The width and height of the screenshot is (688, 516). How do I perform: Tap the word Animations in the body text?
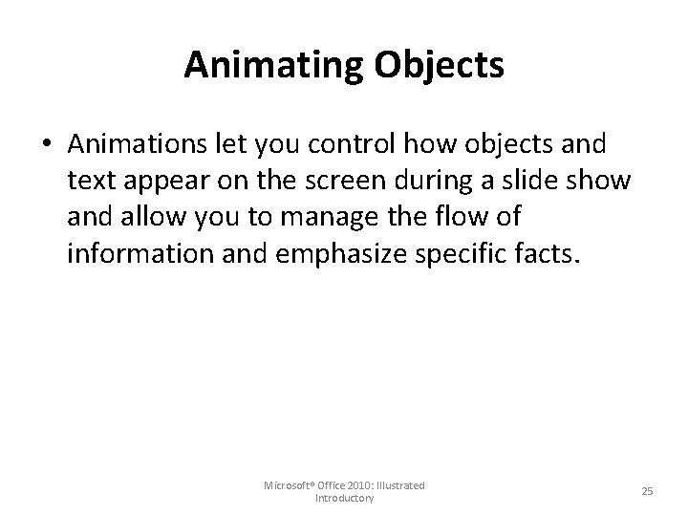(x=137, y=145)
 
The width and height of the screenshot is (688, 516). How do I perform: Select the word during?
(x=453, y=182)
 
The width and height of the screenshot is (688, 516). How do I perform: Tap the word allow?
(x=141, y=217)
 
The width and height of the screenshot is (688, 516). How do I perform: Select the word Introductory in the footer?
(x=344, y=499)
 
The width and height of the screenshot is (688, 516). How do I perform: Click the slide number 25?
(x=647, y=491)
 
